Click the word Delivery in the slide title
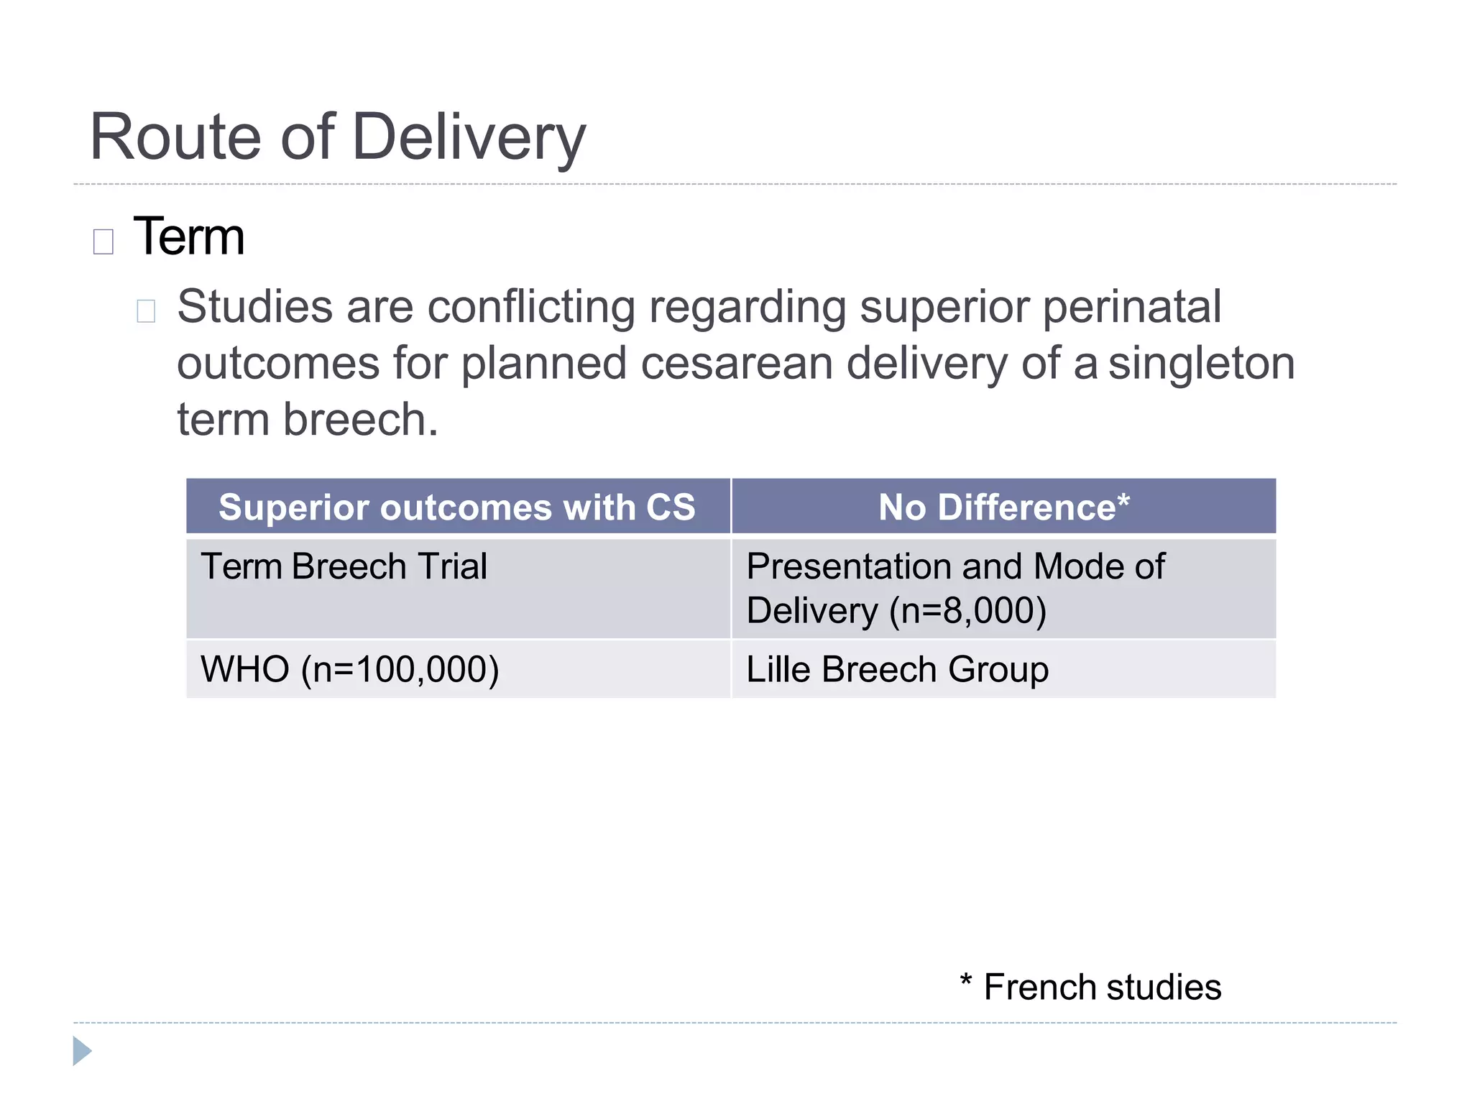click(469, 137)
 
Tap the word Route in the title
click(175, 137)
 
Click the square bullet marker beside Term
click(103, 241)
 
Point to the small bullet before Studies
click(146, 310)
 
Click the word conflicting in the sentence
click(531, 307)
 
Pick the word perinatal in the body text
click(1131, 307)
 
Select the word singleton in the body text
click(1201, 363)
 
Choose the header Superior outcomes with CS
click(457, 507)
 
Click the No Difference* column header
click(1003, 507)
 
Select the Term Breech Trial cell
click(344, 566)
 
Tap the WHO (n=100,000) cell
click(349, 669)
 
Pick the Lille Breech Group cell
click(897, 669)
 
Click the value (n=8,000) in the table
click(967, 611)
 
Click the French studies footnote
click(1091, 987)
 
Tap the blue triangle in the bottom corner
click(81, 1051)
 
